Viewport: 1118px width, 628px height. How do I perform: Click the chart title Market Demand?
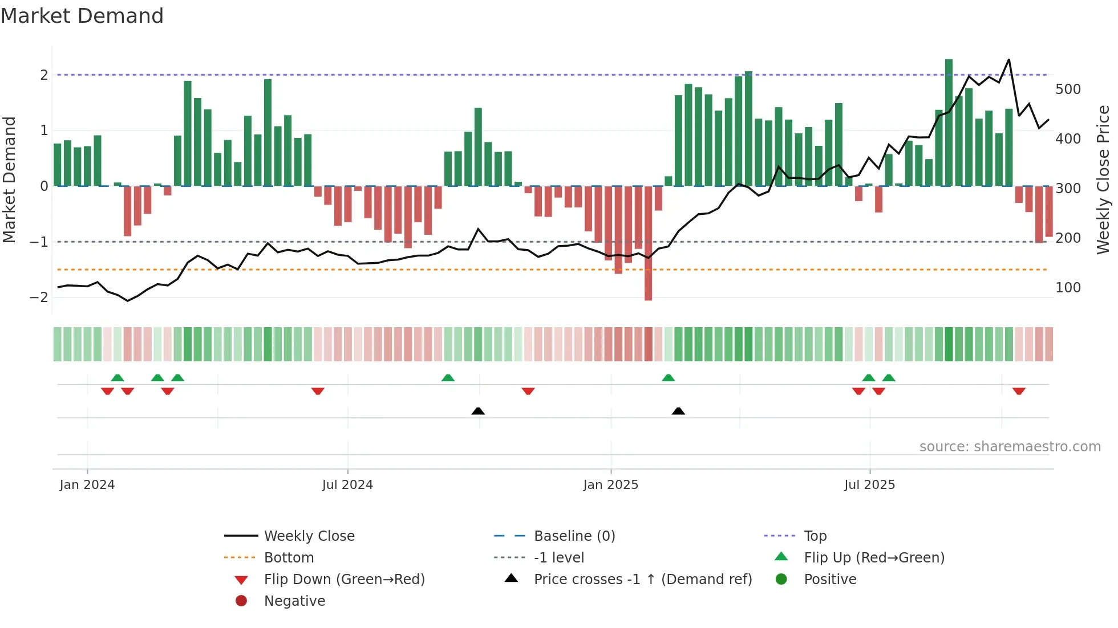(x=82, y=16)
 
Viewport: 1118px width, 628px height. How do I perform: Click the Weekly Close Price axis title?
(x=1103, y=180)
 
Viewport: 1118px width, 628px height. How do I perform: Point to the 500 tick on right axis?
(x=1068, y=89)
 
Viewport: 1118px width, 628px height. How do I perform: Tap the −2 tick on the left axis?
(x=39, y=297)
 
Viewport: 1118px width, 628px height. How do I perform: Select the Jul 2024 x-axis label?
(x=347, y=485)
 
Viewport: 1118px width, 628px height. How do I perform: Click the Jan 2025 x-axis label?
(x=610, y=485)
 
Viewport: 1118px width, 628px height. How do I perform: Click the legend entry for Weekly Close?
(x=309, y=536)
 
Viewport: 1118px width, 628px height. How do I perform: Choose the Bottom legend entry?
(x=289, y=558)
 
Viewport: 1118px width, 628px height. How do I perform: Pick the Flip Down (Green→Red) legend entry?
(x=344, y=580)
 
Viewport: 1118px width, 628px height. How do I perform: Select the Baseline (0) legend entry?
(x=574, y=536)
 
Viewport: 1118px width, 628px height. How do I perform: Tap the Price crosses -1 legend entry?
(x=642, y=580)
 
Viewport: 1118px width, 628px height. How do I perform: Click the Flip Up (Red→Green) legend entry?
(x=874, y=558)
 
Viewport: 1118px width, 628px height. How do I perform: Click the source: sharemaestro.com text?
(x=1010, y=447)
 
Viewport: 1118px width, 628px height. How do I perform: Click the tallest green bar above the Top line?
(x=949, y=114)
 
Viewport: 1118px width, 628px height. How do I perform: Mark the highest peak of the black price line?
(x=1008, y=60)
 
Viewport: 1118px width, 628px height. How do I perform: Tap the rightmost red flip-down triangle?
(x=1019, y=391)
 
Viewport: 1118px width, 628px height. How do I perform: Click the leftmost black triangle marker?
(x=478, y=411)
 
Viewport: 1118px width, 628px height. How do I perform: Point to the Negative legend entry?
(x=294, y=601)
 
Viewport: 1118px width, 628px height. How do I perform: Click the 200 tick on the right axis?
(x=1068, y=238)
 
